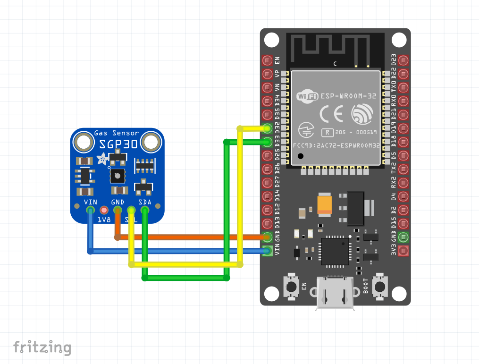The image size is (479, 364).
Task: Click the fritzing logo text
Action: click(x=42, y=347)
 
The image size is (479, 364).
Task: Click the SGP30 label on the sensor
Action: click(x=118, y=143)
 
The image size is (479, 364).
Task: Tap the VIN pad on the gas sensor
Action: click(x=90, y=210)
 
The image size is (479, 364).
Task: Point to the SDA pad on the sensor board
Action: click(x=145, y=210)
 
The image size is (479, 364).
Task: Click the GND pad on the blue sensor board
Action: click(x=117, y=210)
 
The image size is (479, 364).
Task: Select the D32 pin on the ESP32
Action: click(x=268, y=128)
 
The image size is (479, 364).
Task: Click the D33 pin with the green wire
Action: click(x=268, y=141)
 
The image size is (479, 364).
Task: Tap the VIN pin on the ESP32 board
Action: click(x=268, y=251)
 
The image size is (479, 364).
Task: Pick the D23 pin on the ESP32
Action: click(x=403, y=60)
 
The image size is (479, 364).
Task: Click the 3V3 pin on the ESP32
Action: click(x=403, y=251)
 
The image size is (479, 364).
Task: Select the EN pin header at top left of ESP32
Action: click(x=268, y=60)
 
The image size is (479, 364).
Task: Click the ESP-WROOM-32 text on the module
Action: click(x=348, y=96)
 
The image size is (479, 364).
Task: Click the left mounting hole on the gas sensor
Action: click(x=85, y=142)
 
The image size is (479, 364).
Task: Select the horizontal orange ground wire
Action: click(x=189, y=237)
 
